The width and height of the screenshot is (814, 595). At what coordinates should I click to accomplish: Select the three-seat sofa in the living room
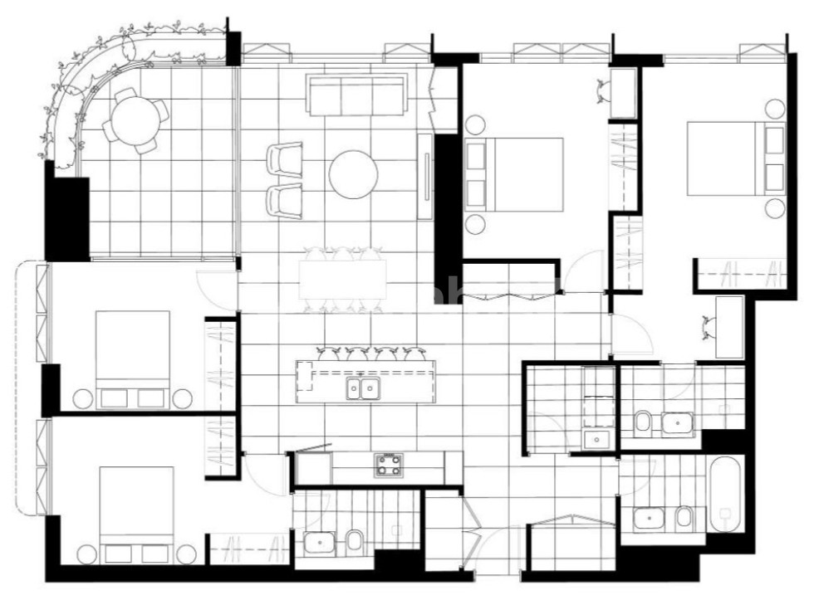(x=356, y=95)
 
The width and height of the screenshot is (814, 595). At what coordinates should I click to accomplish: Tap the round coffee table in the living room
(x=354, y=174)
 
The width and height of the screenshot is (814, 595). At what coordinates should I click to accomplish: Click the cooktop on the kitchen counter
(x=388, y=465)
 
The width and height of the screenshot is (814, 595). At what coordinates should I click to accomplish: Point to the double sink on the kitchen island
(x=363, y=388)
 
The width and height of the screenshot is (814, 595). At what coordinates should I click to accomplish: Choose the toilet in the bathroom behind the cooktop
(x=352, y=542)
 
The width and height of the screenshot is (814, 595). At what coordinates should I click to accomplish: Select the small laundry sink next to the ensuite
(x=596, y=439)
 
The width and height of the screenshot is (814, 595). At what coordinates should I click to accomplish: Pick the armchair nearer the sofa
(x=286, y=158)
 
